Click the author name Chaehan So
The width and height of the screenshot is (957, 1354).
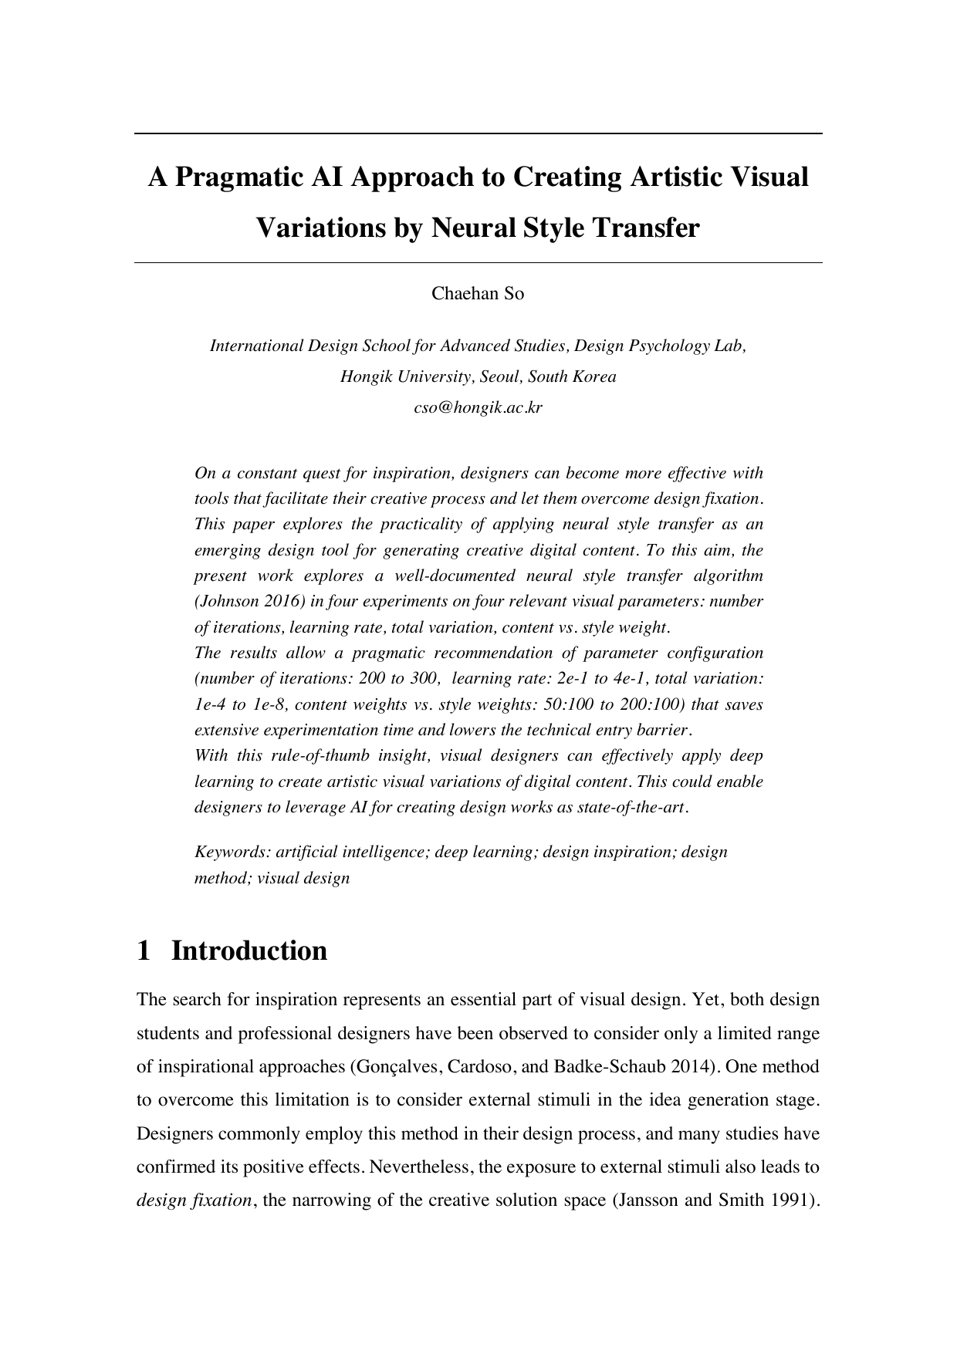[478, 293]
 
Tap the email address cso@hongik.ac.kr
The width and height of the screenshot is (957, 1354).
[478, 408]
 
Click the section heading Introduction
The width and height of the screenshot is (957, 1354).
[249, 951]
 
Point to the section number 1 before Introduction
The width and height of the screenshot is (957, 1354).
[143, 951]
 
